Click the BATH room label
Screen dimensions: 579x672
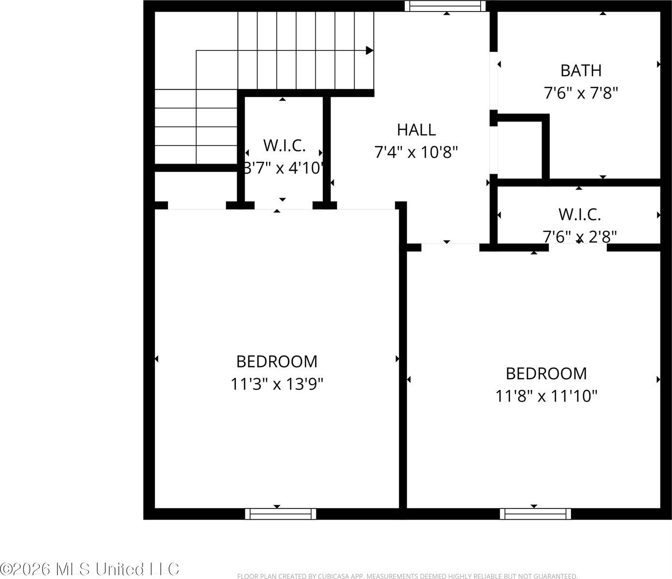581,70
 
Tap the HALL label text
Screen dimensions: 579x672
416,130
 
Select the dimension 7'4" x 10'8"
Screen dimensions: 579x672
416,152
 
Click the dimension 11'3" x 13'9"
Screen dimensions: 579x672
277,385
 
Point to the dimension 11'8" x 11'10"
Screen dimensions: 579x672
546,397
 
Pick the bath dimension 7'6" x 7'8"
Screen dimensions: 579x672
581,93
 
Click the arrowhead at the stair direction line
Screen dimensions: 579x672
370,50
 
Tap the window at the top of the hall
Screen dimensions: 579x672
445,6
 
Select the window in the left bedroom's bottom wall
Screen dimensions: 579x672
280,514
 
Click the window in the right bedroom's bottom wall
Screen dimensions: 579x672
535,514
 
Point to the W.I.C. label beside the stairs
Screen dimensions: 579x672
285,145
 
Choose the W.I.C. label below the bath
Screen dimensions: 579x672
580,214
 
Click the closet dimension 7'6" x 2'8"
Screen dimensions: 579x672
580,236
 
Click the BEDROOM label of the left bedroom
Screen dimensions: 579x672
277,361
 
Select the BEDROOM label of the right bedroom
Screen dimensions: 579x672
546,373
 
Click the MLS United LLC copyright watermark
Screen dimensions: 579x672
89,569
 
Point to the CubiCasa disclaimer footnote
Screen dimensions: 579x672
407,576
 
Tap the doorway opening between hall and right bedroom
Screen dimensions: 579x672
450,248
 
